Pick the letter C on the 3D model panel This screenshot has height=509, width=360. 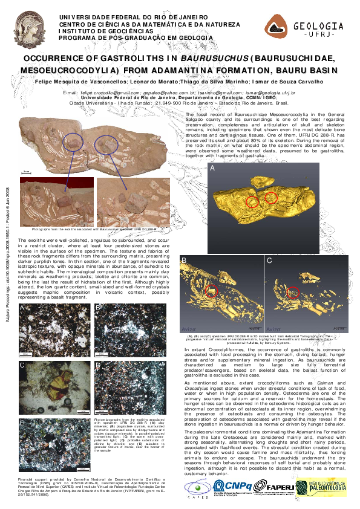269,260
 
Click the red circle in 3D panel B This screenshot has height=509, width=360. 211,291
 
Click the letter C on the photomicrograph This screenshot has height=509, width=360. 22,365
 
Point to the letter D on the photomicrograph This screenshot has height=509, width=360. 98,365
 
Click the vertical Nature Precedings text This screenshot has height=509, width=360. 7,254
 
